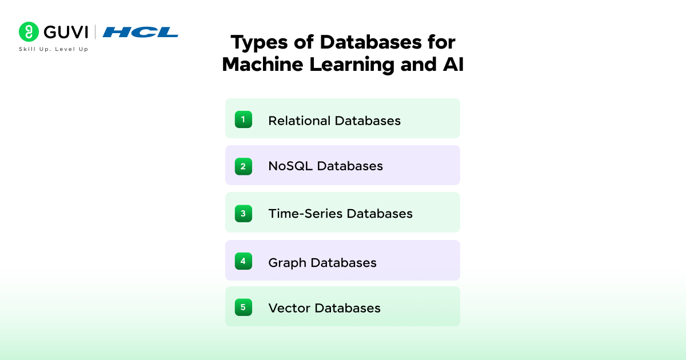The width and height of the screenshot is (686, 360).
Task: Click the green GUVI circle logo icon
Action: pyautogui.click(x=29, y=31)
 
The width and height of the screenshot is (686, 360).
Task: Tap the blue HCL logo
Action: pyautogui.click(x=140, y=32)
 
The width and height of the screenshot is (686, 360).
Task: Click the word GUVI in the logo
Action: pyautogui.click(x=66, y=32)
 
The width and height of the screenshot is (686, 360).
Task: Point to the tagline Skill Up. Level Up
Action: pyautogui.click(x=54, y=49)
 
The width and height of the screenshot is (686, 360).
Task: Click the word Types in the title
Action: pyautogui.click(x=259, y=43)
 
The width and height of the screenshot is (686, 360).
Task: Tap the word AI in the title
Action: pyautogui.click(x=453, y=64)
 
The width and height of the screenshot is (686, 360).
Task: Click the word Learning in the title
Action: pyautogui.click(x=352, y=65)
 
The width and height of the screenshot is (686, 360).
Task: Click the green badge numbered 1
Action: pyautogui.click(x=244, y=119)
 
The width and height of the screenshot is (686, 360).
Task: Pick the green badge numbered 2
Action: pyautogui.click(x=244, y=166)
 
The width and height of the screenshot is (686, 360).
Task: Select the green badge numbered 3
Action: pyautogui.click(x=244, y=213)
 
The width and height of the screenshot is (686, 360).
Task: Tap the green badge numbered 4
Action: pyautogui.click(x=244, y=261)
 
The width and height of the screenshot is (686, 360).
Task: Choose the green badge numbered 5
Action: pyautogui.click(x=244, y=307)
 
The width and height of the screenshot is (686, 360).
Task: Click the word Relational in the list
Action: pyautogui.click(x=300, y=121)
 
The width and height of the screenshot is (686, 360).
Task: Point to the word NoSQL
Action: pyautogui.click(x=290, y=166)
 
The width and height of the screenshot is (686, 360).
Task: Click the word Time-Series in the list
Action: pyautogui.click(x=305, y=213)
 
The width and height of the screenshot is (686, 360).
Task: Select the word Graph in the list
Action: pyautogui.click(x=287, y=263)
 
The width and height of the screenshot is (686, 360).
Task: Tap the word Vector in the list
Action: pyautogui.click(x=289, y=308)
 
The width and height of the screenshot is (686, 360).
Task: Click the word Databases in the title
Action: pyautogui.click(x=370, y=42)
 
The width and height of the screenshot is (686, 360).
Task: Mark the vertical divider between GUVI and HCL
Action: pyautogui.click(x=95, y=32)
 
